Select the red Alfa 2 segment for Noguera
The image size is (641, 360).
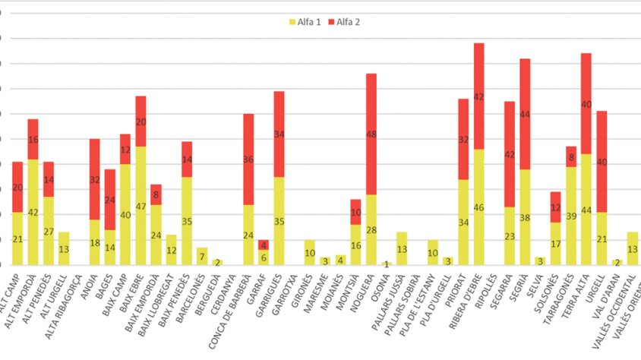371,134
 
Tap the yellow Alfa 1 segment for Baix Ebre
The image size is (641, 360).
141,205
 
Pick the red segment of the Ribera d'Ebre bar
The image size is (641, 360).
478,96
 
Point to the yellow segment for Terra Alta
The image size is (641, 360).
586,209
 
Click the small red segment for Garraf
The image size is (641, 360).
264,245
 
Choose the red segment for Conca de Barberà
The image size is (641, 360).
248,159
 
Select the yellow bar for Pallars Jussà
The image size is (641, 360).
402,248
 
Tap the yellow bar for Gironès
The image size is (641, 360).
309,252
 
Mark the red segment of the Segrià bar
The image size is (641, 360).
525,114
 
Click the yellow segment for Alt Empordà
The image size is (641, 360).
33,212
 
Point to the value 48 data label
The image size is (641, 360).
371,134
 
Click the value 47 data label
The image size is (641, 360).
141,205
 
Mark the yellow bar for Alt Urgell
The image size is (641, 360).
64,248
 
